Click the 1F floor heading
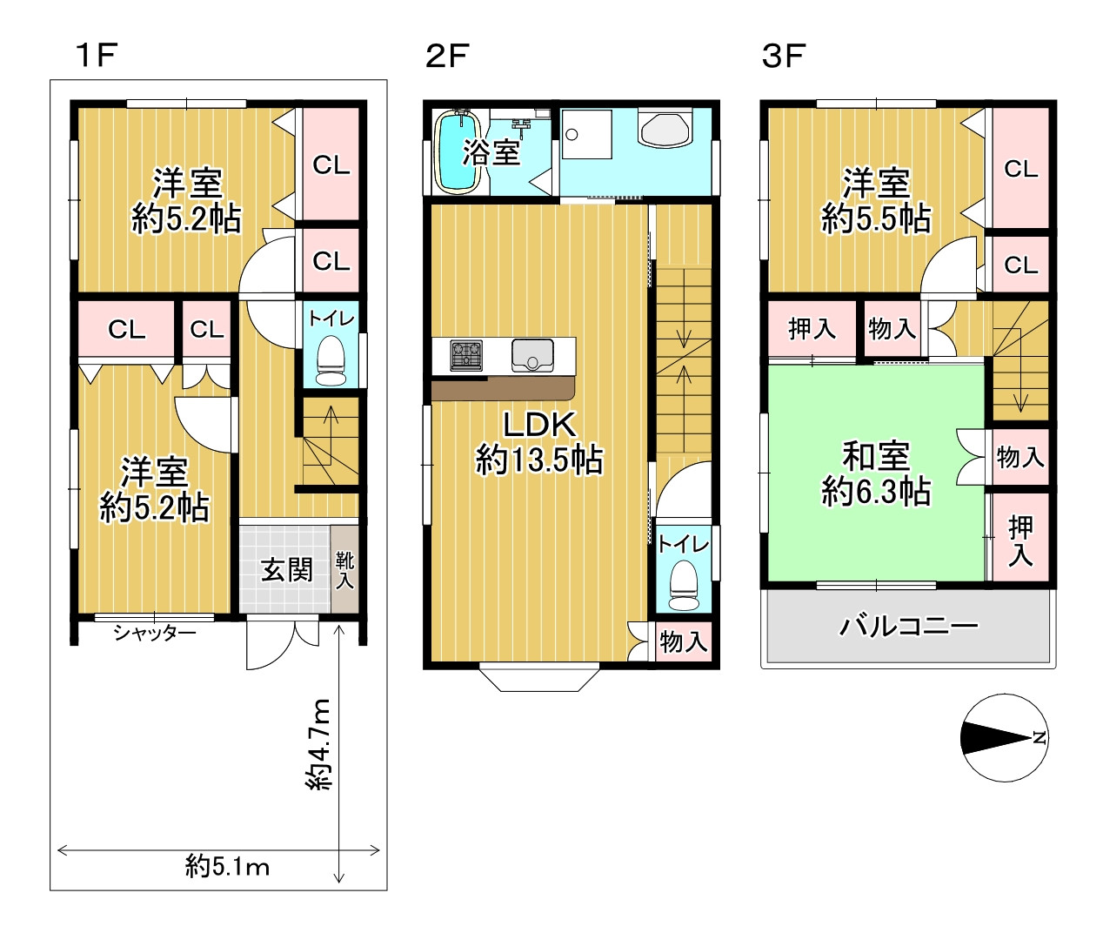97,55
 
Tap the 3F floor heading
783,56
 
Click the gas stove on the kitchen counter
466,355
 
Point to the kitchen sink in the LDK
532,355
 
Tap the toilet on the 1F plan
331,360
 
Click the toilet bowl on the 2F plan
684,586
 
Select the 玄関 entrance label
286,570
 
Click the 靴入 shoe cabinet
344,569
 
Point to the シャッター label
155,634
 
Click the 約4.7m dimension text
318,744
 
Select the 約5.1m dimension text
227,866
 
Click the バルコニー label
909,626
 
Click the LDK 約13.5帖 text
539,443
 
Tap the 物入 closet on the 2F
684,641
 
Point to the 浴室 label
491,152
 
